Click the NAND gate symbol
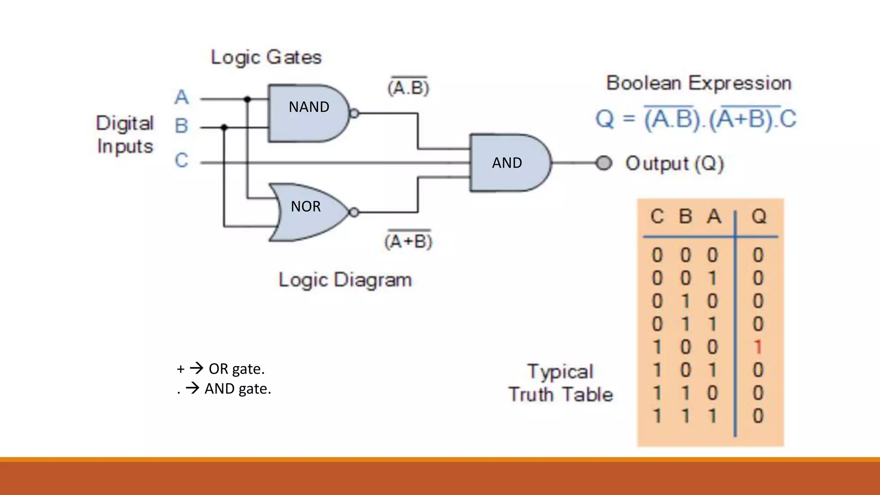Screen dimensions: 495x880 coord(308,113)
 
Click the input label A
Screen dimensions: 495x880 coord(181,97)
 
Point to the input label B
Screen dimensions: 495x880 coord(181,126)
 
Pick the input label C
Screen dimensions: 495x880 coord(181,160)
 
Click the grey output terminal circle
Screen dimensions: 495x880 coord(604,163)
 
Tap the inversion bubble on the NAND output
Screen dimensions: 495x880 coord(354,113)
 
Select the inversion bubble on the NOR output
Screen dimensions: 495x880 coord(354,212)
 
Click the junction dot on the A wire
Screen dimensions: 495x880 coord(247,99)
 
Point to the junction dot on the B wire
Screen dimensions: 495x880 coord(224,127)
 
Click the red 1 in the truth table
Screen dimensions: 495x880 coord(758,347)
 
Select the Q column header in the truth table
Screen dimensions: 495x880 coord(759,217)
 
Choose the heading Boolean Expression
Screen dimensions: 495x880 coord(699,83)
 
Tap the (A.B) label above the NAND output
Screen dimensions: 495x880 coord(408,88)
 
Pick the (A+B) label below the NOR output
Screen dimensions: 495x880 coord(408,241)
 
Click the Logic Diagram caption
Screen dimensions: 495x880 coord(345,280)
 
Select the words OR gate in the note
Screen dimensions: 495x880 coord(236,369)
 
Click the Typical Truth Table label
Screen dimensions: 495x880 coord(561,383)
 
